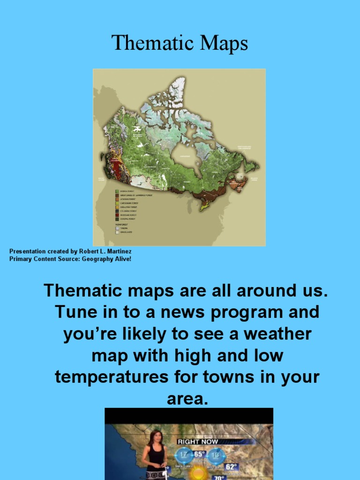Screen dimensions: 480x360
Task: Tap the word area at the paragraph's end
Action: click(187, 399)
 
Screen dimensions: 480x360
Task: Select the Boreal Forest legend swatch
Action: click(118, 191)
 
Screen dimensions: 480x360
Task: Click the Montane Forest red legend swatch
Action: click(118, 215)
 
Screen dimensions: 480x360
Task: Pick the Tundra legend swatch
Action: click(118, 228)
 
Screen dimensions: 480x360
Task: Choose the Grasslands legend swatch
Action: click(118, 232)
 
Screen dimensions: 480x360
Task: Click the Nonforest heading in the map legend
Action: click(121, 224)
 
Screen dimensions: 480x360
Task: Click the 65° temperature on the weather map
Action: click(199, 454)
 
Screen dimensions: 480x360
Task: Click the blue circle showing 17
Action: click(183, 455)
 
